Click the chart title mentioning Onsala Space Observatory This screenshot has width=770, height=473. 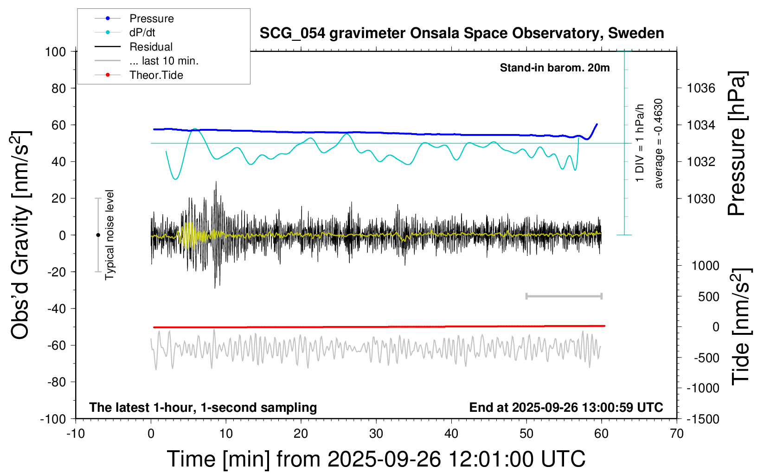(462, 33)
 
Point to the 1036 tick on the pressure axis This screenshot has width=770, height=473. (701, 89)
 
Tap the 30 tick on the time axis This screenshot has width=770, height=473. (376, 434)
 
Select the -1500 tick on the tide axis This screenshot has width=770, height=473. (703, 419)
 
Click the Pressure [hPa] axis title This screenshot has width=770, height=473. (737, 143)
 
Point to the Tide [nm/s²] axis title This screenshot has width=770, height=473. (741, 327)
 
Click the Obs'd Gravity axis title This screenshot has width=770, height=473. (20, 235)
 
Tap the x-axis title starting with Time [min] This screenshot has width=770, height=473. (376, 459)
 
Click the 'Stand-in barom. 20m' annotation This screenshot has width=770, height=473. (555, 68)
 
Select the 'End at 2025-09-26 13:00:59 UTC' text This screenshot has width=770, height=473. (566, 407)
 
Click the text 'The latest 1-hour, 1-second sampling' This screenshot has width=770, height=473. (203, 407)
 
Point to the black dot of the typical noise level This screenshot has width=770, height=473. (98, 235)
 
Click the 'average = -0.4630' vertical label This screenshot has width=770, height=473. (658, 143)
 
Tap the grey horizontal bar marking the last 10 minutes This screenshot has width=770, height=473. (564, 296)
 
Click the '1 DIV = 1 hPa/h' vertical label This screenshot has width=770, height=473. (639, 143)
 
